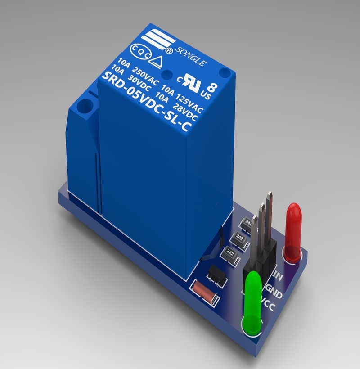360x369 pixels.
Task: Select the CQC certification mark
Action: click(x=139, y=49)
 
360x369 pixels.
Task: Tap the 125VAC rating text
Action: click(x=189, y=102)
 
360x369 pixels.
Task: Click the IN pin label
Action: click(x=279, y=276)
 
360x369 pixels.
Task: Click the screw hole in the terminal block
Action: click(x=84, y=108)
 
